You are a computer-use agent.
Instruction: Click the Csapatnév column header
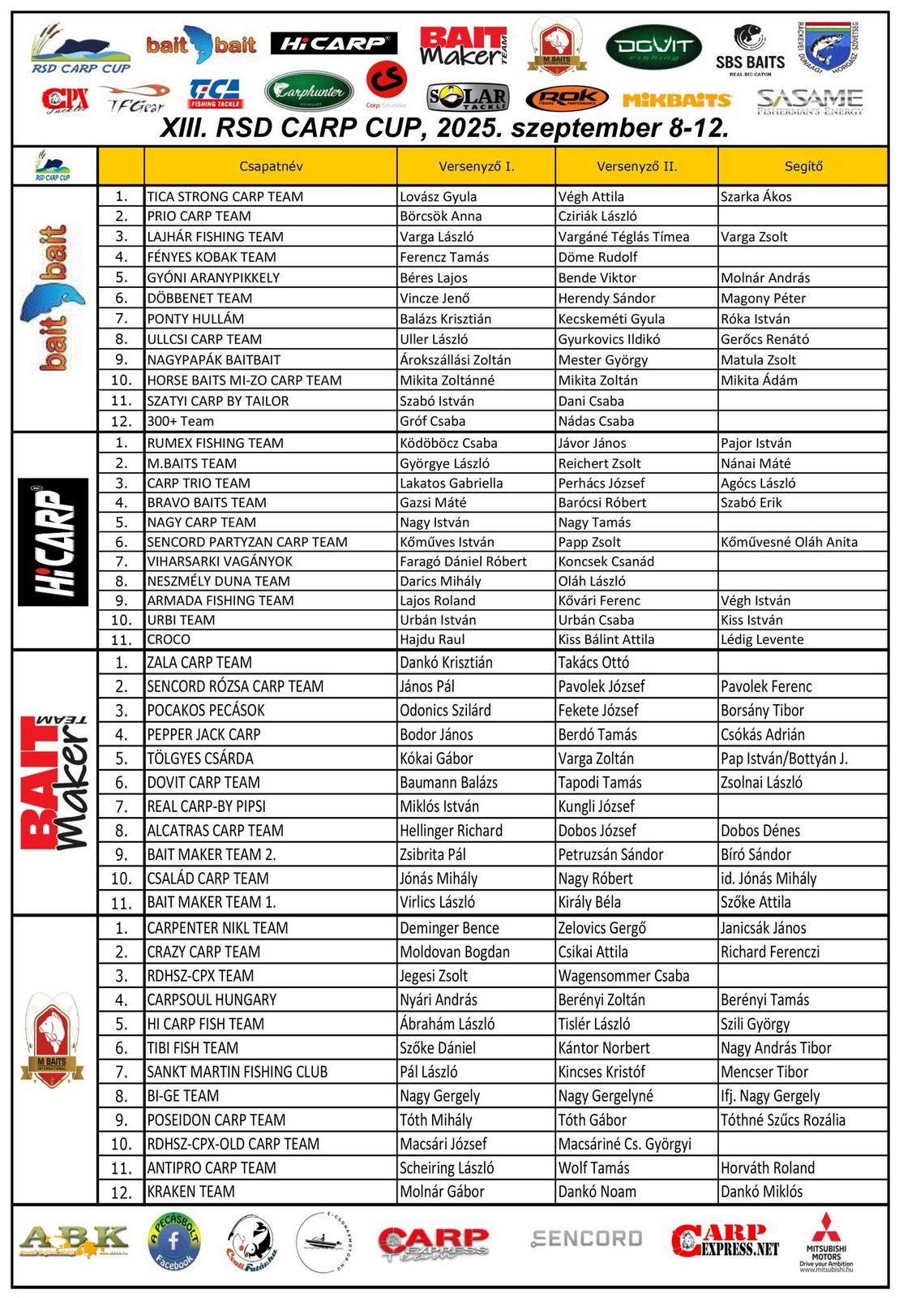pyautogui.click(x=271, y=166)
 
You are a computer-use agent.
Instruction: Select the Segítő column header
pyautogui.click(x=803, y=166)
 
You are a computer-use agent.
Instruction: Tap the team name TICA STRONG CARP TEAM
pyautogui.click(x=225, y=196)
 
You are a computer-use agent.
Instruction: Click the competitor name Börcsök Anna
pyautogui.click(x=440, y=217)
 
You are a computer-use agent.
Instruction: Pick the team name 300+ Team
pyautogui.click(x=180, y=421)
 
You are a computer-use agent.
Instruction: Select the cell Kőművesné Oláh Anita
pyautogui.click(x=789, y=542)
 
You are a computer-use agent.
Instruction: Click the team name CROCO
pyautogui.click(x=169, y=639)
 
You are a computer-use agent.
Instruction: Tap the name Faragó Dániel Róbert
pyautogui.click(x=463, y=561)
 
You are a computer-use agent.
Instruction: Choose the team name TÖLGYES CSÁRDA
pyautogui.click(x=199, y=759)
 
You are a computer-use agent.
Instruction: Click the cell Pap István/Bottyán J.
pyautogui.click(x=784, y=759)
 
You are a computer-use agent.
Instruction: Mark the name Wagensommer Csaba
pyautogui.click(x=623, y=976)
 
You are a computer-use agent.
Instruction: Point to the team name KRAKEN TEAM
pyautogui.click(x=191, y=1192)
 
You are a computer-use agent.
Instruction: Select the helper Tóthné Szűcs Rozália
pyautogui.click(x=782, y=1120)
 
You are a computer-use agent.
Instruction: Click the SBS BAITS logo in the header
pyautogui.click(x=750, y=51)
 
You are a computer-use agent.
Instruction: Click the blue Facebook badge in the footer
pyautogui.click(x=173, y=1241)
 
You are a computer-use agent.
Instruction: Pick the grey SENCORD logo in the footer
pyautogui.click(x=587, y=1239)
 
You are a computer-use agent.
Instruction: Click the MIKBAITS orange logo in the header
pyautogui.click(x=677, y=100)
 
